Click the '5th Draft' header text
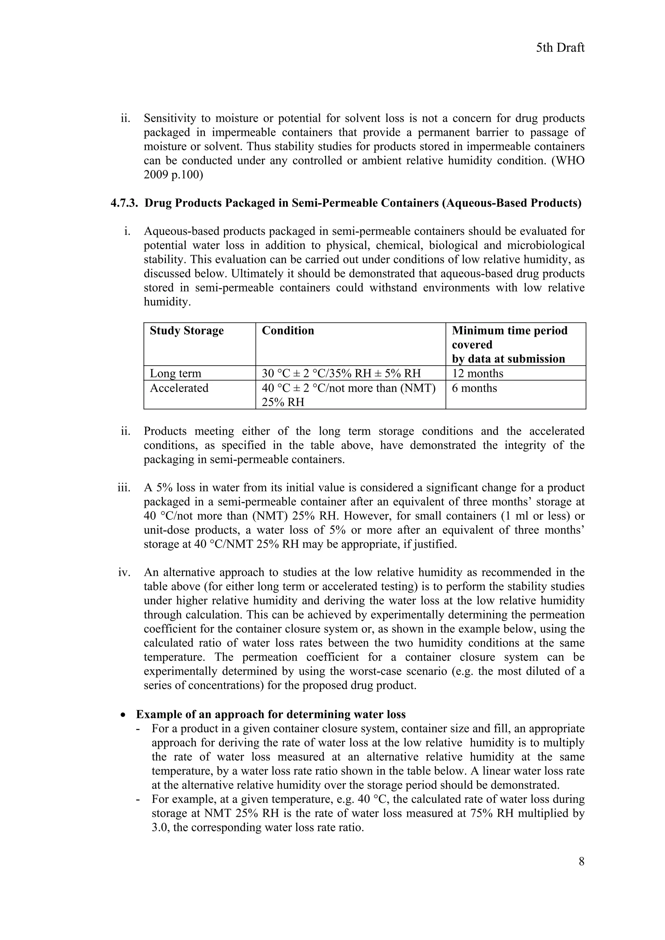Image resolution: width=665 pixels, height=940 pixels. (x=560, y=48)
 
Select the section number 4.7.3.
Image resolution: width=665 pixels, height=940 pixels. (x=125, y=203)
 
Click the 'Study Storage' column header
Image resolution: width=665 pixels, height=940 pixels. (x=186, y=331)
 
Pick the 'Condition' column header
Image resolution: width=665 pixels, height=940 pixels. (x=288, y=331)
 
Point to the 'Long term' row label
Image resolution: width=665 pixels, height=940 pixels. (x=175, y=373)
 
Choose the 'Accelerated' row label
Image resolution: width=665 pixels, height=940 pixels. (x=179, y=388)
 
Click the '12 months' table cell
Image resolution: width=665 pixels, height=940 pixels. (x=477, y=373)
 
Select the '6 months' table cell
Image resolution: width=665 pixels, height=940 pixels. (x=474, y=388)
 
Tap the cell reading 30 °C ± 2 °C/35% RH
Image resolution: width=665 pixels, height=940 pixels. (x=341, y=373)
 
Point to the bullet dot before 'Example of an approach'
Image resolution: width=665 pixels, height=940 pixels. (x=123, y=715)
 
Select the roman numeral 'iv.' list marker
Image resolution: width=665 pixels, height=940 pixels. (x=124, y=572)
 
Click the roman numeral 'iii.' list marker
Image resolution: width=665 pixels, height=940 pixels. (x=124, y=488)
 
